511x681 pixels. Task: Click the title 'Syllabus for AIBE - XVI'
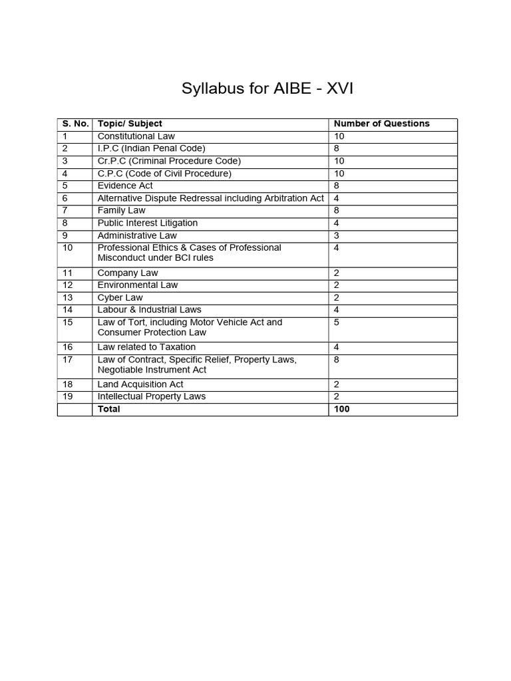click(x=267, y=89)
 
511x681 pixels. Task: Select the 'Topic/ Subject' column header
click(x=130, y=124)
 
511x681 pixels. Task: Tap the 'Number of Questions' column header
click(x=381, y=124)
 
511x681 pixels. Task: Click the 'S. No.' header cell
click(x=75, y=124)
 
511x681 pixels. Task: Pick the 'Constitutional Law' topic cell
click(x=136, y=136)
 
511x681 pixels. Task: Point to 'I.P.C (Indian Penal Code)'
click(x=151, y=148)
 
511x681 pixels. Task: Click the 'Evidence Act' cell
click(x=126, y=186)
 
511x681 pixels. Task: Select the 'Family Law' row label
click(x=121, y=211)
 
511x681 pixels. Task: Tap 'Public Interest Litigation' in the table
click(x=147, y=223)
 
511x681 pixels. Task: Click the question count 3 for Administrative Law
click(x=337, y=235)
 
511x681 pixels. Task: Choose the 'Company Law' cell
click(x=128, y=273)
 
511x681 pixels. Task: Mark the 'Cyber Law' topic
click(x=120, y=298)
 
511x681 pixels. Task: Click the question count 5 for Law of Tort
click(x=337, y=323)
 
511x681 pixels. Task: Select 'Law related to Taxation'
click(x=146, y=347)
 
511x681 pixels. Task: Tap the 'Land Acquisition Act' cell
click(x=140, y=384)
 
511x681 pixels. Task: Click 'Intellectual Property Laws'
click(x=152, y=396)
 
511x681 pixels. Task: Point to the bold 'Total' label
click(x=109, y=409)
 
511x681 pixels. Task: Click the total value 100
click(x=341, y=409)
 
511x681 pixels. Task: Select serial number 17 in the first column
click(x=67, y=360)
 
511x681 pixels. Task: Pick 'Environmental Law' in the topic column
click(x=138, y=285)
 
